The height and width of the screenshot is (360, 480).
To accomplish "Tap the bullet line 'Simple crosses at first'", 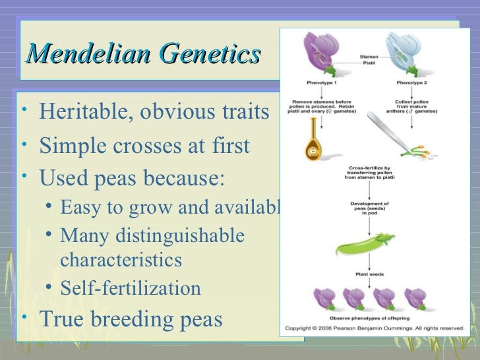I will [144, 145].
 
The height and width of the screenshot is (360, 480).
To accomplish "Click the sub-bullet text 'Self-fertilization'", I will [131, 288].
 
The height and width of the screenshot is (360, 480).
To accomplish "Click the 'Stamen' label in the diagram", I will [369, 57].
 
